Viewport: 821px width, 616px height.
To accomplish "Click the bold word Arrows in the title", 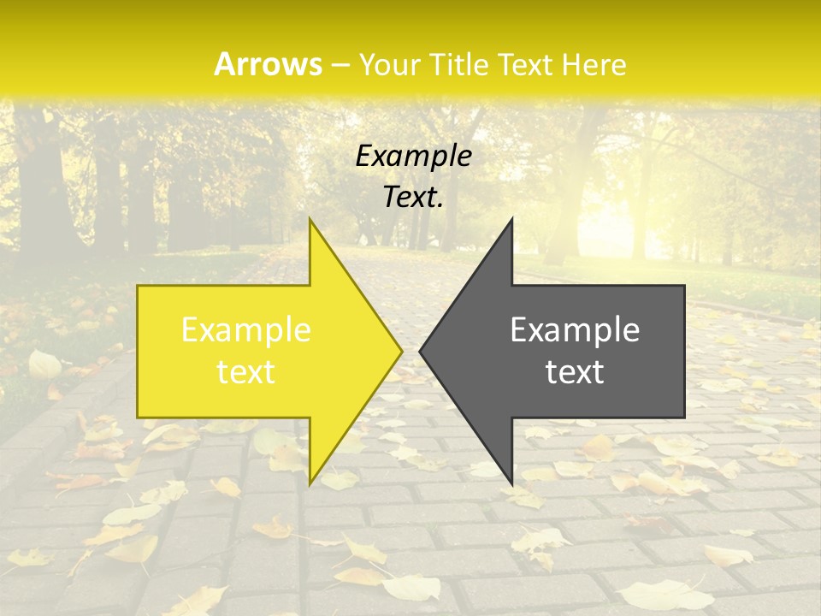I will click(268, 64).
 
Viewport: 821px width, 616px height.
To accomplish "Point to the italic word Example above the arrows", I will click(413, 156).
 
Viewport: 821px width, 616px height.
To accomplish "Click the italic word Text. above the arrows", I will click(413, 198).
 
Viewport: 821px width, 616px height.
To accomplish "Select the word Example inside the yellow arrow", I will click(245, 329).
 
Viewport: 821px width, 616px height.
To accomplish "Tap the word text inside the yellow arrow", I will click(245, 372).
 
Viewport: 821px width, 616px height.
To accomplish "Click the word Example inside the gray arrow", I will click(575, 329).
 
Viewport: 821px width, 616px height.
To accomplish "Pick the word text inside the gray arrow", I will click(575, 372).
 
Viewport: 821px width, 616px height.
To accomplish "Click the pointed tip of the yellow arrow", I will click(401, 350).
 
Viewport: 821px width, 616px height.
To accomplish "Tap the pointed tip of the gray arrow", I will click(421, 350).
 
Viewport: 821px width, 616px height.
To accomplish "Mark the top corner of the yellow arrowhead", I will click(310, 220).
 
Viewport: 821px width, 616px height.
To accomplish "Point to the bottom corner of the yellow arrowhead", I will click(310, 483).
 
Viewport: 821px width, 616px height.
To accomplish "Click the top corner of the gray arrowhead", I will click(511, 220).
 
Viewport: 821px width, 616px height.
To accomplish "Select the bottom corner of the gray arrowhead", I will click(511, 483).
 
